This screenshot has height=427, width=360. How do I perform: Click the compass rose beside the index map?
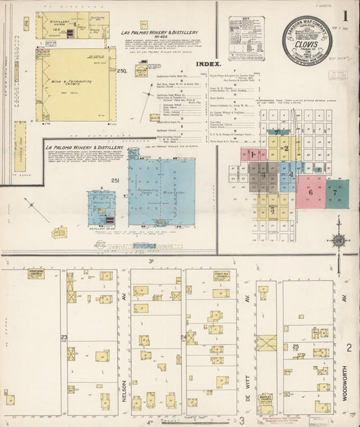338,240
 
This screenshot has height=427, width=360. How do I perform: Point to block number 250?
122,70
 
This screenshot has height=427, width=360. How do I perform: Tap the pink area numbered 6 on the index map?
311,192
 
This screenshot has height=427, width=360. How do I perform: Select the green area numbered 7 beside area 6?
336,192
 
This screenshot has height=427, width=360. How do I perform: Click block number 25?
296,347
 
